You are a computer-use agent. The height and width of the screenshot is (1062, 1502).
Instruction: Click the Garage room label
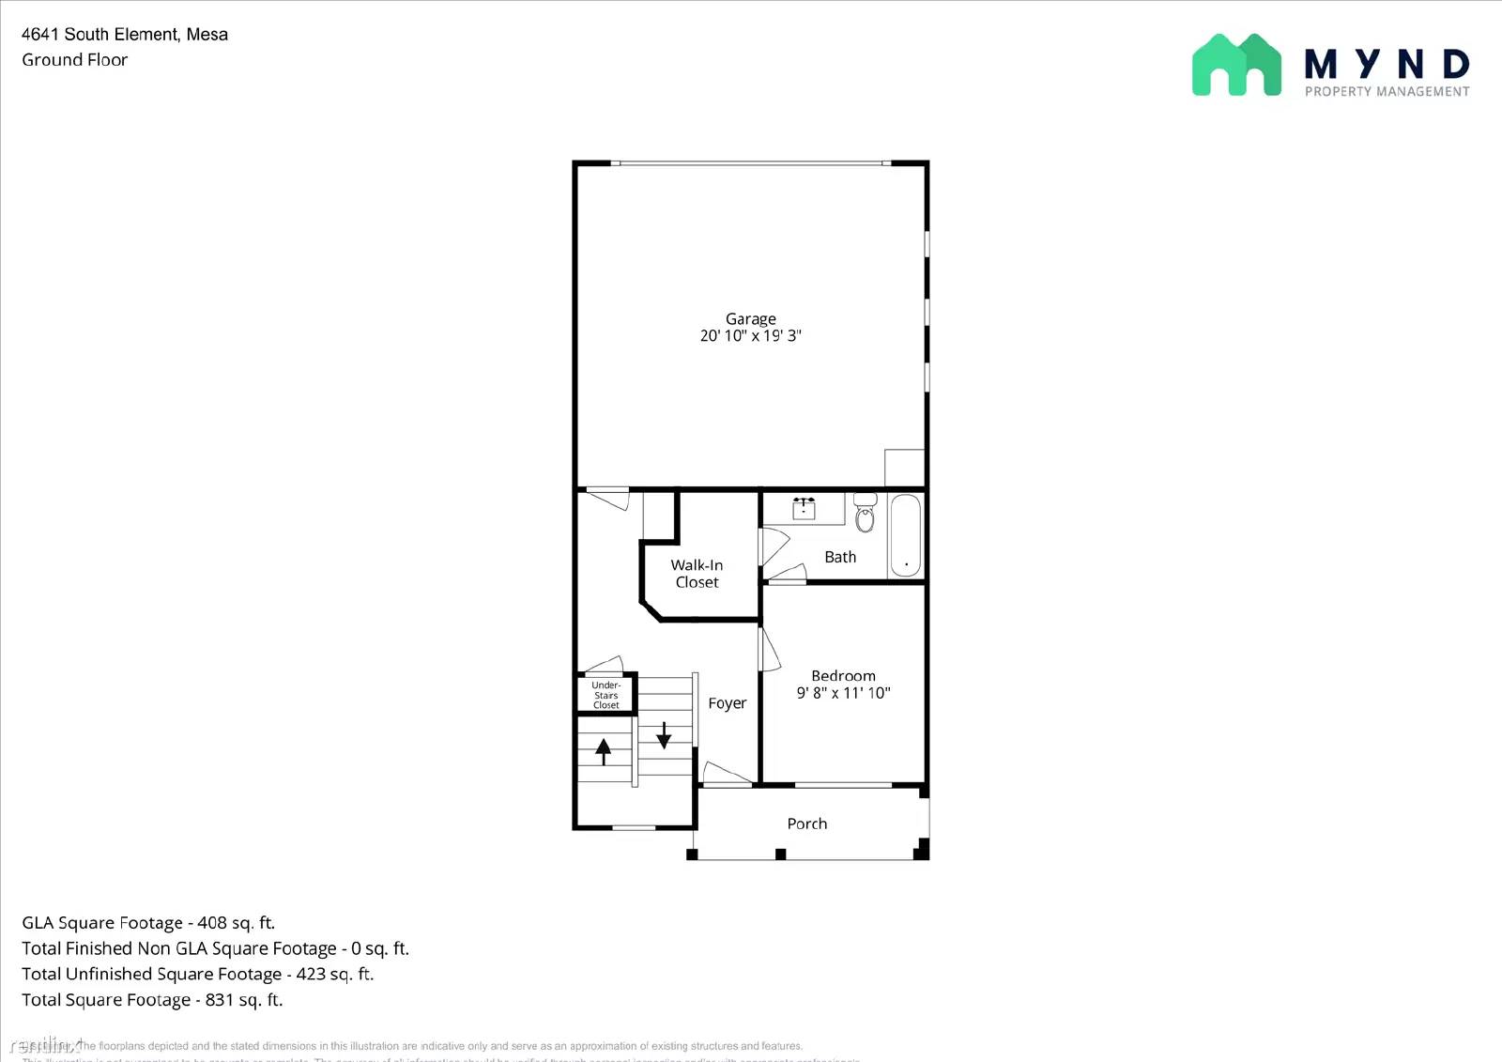coord(750,319)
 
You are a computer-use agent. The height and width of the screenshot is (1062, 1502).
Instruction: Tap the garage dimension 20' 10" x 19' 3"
coord(750,336)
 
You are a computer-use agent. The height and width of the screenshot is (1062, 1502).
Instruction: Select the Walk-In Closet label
coord(697,574)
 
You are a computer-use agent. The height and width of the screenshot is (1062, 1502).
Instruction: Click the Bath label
coord(840,558)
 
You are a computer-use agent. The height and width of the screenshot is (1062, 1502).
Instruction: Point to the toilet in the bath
coord(865,515)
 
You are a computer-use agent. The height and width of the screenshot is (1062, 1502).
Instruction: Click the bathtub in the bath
coord(906,534)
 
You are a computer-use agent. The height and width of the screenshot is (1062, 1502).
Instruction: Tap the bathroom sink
coord(804,509)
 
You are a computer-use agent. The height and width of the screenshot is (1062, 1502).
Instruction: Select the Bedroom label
coord(843,676)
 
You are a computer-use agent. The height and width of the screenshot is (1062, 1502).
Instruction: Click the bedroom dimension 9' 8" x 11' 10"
coord(843,693)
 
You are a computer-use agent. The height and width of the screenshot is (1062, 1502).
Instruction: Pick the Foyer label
coord(728,703)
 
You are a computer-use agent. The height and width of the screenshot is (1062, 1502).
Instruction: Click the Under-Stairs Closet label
coord(605,695)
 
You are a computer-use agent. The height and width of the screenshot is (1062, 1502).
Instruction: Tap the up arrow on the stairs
coord(604,751)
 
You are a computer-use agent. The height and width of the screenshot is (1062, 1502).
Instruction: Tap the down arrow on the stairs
coord(664,734)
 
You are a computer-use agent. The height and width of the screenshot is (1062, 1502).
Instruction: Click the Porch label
coord(806,823)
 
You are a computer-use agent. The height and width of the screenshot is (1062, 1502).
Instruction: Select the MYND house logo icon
coord(1235,66)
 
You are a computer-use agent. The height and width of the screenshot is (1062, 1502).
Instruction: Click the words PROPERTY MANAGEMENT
coord(1387,92)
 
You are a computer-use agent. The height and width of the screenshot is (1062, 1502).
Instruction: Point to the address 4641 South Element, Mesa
coord(125,35)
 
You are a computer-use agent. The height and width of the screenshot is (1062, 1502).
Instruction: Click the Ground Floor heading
coord(75,60)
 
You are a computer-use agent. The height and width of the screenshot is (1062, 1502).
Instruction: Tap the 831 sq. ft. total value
coord(244,1000)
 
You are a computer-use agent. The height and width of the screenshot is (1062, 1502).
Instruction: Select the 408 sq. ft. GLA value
coord(236,923)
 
